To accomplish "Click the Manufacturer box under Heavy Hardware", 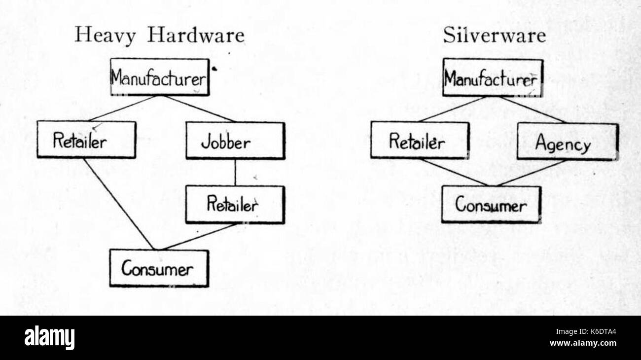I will click(160, 77).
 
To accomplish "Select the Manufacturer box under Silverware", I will click(492, 78).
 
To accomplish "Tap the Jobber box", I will click(235, 141).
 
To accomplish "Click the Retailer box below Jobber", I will click(235, 204).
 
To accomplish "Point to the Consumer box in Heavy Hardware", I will click(159, 268).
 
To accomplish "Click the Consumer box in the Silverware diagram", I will click(491, 204).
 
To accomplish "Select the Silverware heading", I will click(494, 36).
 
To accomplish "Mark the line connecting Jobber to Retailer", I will click(235, 173).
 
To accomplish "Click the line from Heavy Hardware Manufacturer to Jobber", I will click(200, 108).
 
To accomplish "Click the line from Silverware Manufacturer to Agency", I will click(533, 109).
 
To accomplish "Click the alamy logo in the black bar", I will click(49, 338).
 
